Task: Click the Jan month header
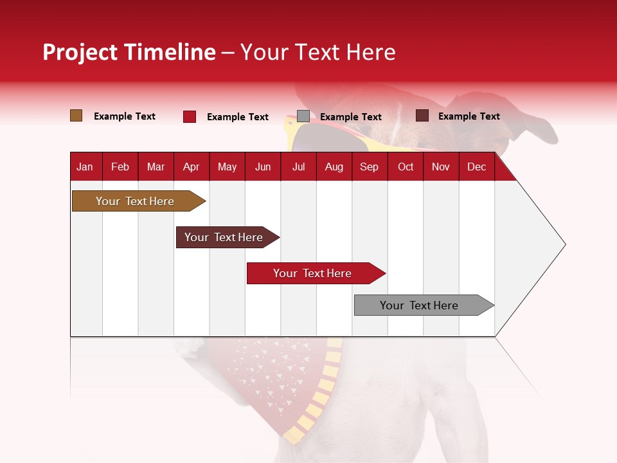pyautogui.click(x=85, y=167)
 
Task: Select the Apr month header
pyautogui.click(x=192, y=167)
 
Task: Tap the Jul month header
pyautogui.click(x=298, y=167)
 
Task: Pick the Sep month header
pyautogui.click(x=370, y=167)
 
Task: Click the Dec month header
pyautogui.click(x=476, y=167)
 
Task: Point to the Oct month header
pyautogui.click(x=405, y=167)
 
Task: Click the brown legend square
pyautogui.click(x=76, y=116)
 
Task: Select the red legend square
pyautogui.click(x=190, y=116)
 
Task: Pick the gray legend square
pyautogui.click(x=303, y=116)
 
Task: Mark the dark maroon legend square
pyautogui.click(x=422, y=116)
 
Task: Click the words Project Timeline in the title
pyautogui.click(x=129, y=52)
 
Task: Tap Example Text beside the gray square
pyautogui.click(x=350, y=117)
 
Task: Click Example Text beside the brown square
pyautogui.click(x=125, y=116)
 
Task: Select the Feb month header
pyautogui.click(x=120, y=167)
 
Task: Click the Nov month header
pyautogui.click(x=441, y=167)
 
